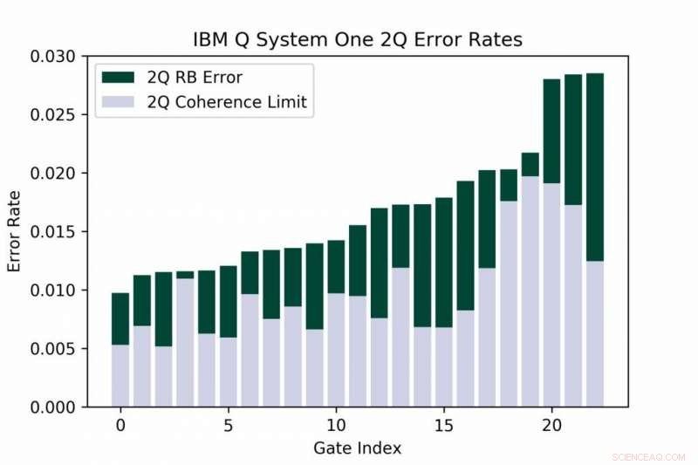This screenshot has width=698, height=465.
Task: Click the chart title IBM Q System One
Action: tap(357, 40)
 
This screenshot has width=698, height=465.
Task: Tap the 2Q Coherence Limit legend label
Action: tap(227, 102)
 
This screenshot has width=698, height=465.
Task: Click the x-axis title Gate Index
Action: tap(357, 448)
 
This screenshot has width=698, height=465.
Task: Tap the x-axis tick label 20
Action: tap(551, 426)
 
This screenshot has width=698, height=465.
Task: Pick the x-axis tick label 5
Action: tap(229, 426)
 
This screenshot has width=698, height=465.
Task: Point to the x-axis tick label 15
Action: tap(443, 426)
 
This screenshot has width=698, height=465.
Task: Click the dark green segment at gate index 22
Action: tap(594, 166)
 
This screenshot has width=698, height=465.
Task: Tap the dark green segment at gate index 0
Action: tap(120, 318)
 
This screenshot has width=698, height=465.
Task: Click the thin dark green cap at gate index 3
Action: tap(185, 275)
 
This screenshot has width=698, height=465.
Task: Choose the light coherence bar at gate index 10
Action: tap(336, 349)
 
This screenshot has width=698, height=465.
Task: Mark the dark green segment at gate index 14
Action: tap(422, 265)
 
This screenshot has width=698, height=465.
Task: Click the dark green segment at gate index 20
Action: tap(551, 131)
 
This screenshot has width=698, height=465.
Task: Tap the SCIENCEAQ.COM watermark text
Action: tap(651, 456)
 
